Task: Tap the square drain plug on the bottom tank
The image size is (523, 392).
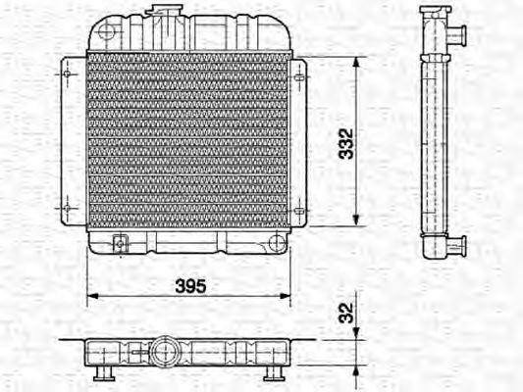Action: tap(120, 243)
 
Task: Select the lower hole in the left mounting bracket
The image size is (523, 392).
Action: tap(67, 208)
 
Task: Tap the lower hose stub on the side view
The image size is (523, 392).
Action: tap(457, 244)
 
